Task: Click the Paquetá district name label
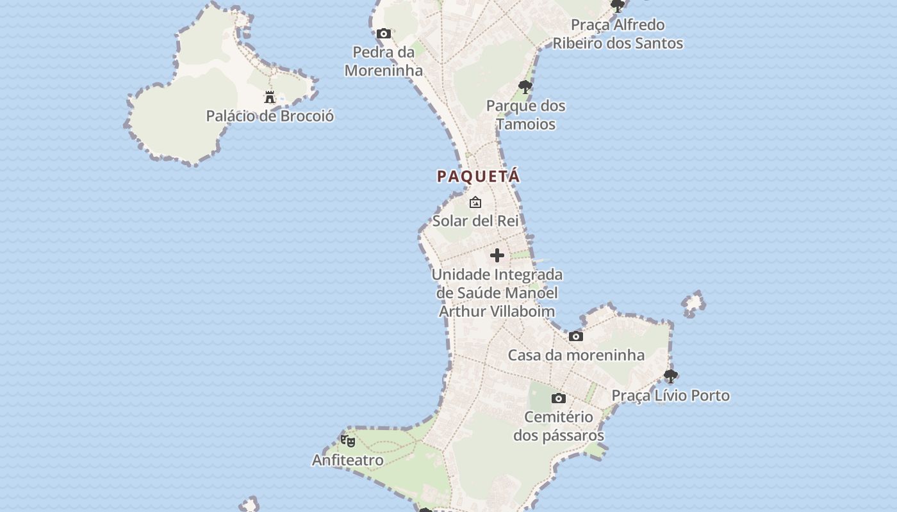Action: (478, 176)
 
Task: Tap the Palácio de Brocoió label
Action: (270, 116)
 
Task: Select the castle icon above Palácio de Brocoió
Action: (270, 97)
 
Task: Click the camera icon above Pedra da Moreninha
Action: (384, 33)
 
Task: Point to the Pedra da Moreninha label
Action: (384, 61)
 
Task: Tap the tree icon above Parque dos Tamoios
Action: (525, 87)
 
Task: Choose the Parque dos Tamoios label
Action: (525, 115)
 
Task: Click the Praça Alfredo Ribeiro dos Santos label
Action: (618, 34)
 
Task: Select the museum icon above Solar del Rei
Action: (475, 202)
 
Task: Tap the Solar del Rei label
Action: (475, 221)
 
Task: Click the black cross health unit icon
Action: (497, 256)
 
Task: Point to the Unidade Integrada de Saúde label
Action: (497, 292)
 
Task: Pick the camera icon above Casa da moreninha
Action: (576, 337)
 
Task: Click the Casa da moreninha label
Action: (576, 355)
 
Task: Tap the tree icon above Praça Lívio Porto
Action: (671, 376)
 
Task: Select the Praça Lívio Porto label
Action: (671, 396)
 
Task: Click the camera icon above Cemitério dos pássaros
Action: (559, 399)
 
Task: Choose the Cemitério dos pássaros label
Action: (559, 426)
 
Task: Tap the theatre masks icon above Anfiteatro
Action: (348, 441)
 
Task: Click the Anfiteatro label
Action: (348, 460)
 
